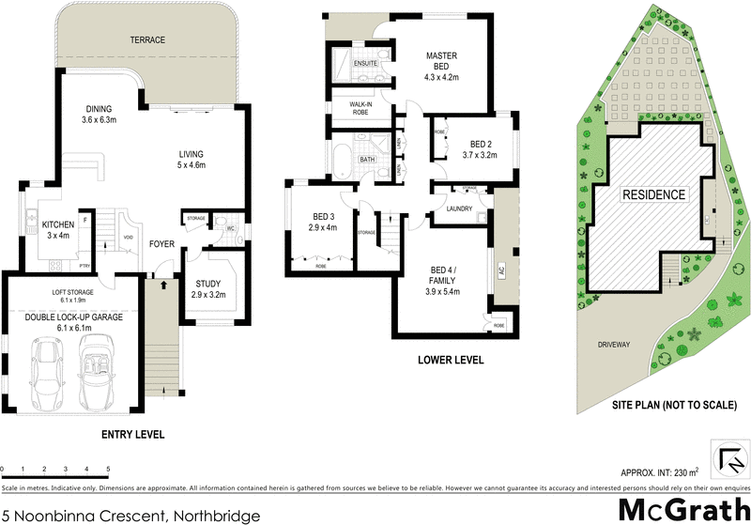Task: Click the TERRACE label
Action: [x=146, y=39]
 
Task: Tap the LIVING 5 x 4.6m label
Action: [x=192, y=160]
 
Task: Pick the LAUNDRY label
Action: [x=459, y=208]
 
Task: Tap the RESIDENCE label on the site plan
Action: [x=653, y=194]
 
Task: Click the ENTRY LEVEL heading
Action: [x=132, y=435]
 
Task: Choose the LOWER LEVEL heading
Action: [x=451, y=360]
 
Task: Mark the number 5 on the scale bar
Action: [x=108, y=468]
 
